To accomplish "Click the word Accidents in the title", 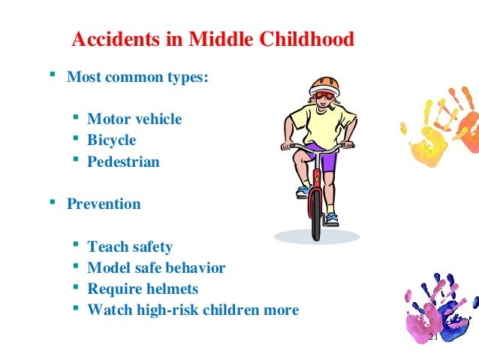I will point(109,39).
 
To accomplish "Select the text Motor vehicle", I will point(134,119).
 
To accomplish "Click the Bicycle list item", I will point(112,140).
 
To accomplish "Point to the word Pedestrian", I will point(123,161).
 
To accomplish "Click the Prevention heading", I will point(104,204).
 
